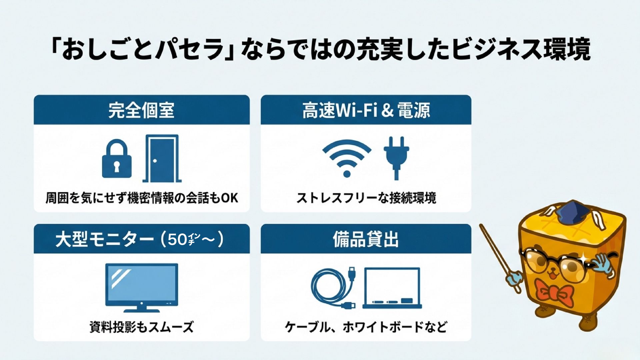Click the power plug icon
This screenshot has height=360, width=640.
[396, 158]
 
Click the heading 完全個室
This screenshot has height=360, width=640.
[141, 110]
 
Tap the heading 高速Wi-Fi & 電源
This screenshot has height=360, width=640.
[366, 110]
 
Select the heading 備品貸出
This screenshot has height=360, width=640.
[366, 239]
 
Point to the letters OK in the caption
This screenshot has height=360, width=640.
[230, 198]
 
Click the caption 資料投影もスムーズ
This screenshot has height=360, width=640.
[142, 327]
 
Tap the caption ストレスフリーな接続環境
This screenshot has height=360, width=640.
[366, 198]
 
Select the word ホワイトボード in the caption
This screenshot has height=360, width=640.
[382, 327]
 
